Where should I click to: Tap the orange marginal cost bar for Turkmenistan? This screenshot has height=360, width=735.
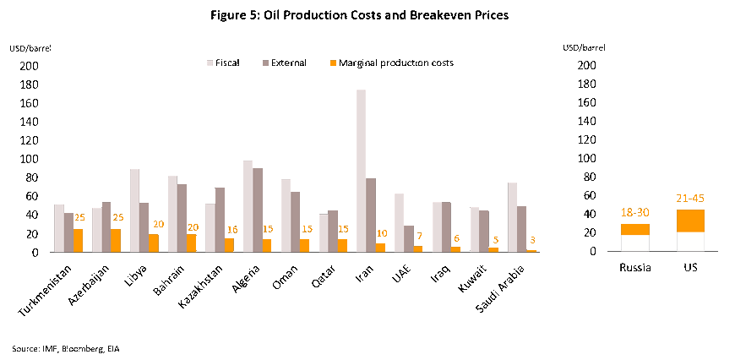click(x=79, y=240)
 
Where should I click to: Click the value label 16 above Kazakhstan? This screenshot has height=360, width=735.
click(x=232, y=230)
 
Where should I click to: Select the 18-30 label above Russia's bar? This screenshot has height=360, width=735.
click(x=634, y=214)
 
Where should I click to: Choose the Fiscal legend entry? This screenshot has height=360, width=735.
click(x=222, y=63)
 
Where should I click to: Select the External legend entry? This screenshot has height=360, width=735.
click(x=284, y=63)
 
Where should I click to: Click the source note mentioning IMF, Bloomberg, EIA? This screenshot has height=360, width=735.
click(x=60, y=347)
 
